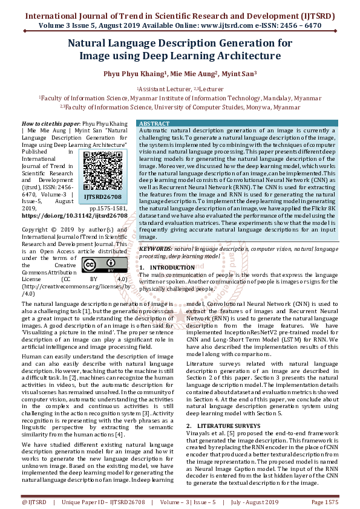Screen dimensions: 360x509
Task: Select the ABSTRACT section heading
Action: click(x=155, y=123)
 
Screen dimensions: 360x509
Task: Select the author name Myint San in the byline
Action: click(x=220, y=74)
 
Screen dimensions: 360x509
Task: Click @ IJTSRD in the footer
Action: click(x=33, y=502)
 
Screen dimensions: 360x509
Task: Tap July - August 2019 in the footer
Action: click(x=255, y=502)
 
